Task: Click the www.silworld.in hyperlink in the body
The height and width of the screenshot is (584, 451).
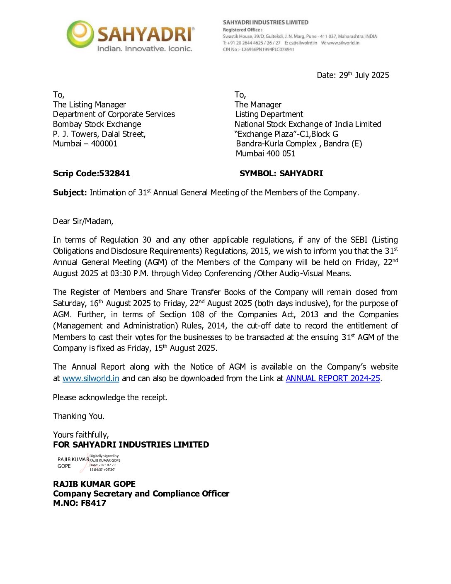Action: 91,378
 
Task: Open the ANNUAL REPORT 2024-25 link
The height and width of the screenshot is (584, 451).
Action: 333,378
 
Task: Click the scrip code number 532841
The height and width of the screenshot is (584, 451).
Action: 114,173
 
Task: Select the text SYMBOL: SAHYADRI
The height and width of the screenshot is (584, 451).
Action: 281,173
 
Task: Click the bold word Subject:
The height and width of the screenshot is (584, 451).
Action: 70,192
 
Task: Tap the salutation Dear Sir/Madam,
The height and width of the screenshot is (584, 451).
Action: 83,221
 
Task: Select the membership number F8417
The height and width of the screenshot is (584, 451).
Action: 93,503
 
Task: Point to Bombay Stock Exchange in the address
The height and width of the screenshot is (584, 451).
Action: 97,124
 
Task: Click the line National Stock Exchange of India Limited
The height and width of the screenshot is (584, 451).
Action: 308,124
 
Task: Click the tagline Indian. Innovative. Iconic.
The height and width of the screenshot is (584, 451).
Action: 144,49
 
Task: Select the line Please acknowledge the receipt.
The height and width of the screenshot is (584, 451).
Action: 110,397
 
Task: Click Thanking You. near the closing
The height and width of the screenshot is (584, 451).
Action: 79,416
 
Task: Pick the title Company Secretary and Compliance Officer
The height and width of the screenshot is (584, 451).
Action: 141,494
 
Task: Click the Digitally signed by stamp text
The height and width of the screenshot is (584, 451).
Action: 104,456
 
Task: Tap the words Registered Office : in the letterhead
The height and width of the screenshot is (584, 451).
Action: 242,29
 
